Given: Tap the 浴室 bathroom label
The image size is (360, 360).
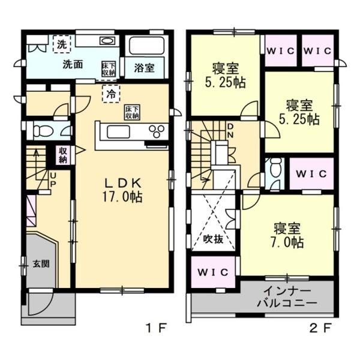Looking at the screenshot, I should point(144,68).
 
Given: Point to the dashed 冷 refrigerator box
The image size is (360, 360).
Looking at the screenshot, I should point(110,93).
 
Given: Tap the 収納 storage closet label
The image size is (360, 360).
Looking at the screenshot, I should point(63,155).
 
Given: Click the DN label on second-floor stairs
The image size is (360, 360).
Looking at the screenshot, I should point(232,130).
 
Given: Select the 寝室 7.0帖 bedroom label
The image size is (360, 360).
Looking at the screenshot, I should point(289,235).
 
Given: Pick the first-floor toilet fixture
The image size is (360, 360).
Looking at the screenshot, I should point(43,130).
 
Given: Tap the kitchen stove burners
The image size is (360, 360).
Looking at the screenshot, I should point(157,131).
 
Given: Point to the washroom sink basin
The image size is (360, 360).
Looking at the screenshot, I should point(107,41).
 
